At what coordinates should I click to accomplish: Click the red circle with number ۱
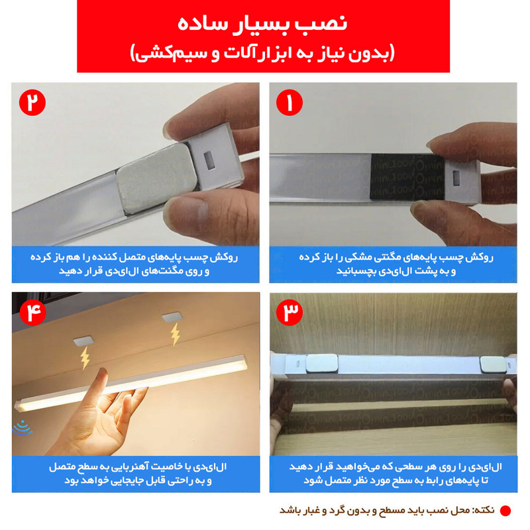click(290, 103)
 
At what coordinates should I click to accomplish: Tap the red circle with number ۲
click(32, 103)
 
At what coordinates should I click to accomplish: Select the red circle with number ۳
click(290, 312)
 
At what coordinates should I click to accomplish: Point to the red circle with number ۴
click(32, 312)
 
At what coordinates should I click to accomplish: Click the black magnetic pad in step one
click(407, 176)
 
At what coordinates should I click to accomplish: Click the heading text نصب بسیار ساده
click(262, 24)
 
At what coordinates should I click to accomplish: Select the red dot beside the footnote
click(505, 511)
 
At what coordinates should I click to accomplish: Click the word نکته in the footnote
click(482, 509)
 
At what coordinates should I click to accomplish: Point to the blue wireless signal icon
click(23, 427)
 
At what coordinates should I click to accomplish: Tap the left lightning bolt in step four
click(85, 358)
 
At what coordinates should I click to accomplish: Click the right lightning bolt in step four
click(175, 335)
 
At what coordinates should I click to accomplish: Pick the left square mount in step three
click(322, 363)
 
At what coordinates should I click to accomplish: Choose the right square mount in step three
click(494, 364)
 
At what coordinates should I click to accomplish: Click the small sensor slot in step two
click(209, 160)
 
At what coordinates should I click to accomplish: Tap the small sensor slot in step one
click(456, 178)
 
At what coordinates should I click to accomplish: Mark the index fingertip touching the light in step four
click(103, 374)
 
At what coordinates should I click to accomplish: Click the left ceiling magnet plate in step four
click(83, 341)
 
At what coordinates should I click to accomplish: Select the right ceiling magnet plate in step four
click(172, 317)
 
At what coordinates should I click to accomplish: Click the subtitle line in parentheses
click(262, 53)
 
